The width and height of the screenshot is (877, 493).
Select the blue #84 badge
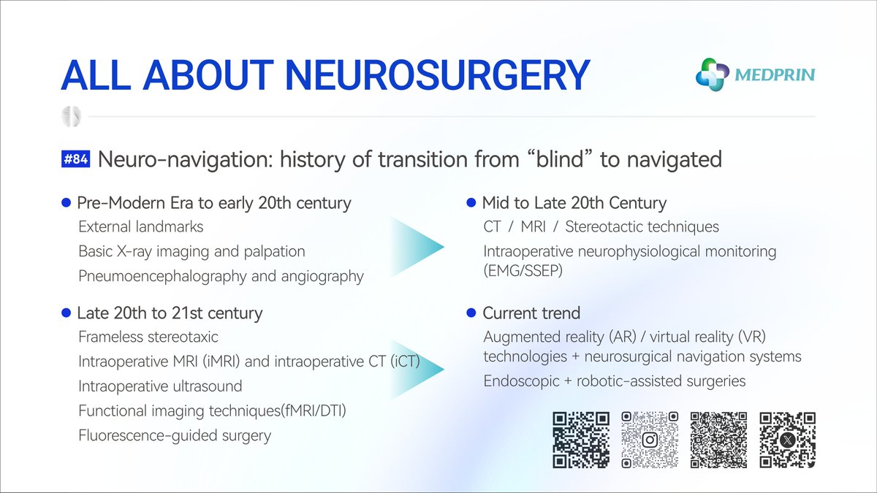click(76, 159)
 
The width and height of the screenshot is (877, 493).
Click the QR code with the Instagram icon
click(650, 439)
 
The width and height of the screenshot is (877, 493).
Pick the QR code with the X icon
click(787, 439)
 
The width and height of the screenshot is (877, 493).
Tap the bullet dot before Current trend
click(472, 313)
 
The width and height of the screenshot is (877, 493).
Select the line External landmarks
click(141, 227)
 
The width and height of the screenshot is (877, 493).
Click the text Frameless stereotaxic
click(148, 337)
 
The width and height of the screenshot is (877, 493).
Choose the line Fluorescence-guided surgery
click(175, 436)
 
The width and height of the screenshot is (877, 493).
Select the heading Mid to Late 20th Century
click(574, 203)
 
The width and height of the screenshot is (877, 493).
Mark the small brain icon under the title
click(71, 116)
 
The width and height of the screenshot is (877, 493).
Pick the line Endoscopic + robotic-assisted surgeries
click(625, 381)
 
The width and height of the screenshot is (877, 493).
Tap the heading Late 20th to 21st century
click(170, 313)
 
